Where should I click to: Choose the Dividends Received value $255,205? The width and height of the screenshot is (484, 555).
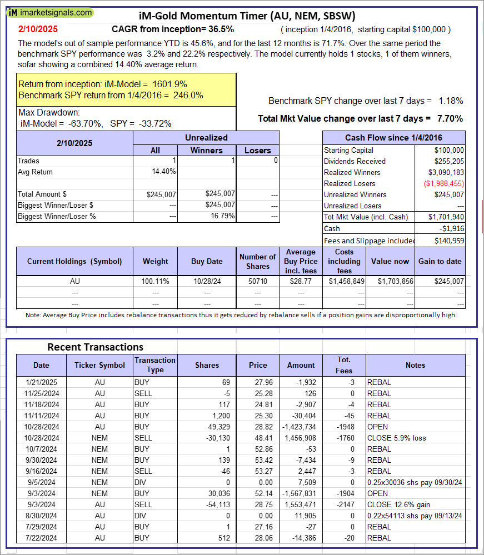[x=449, y=161]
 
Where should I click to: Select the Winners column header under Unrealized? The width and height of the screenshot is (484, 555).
[x=206, y=150]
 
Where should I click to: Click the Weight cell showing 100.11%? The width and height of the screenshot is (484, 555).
[x=155, y=282]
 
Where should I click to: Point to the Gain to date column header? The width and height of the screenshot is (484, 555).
[x=441, y=261]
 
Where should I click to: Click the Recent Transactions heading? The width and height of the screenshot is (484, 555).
[x=95, y=347]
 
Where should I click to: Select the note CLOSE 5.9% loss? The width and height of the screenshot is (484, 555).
[x=396, y=438]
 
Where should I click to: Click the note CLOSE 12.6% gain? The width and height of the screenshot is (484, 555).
[x=398, y=504]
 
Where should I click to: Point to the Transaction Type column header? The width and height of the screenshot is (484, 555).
[x=155, y=365]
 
